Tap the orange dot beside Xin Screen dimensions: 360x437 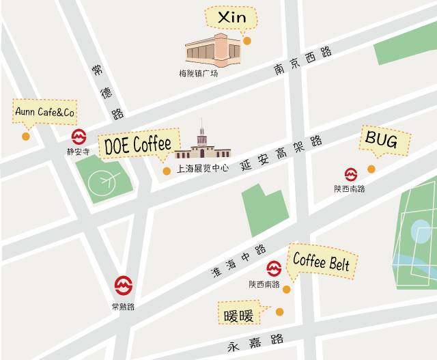tap(247, 41)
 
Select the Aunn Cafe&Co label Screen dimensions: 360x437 tap(44, 111)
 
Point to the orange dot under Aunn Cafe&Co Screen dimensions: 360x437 tap(26, 136)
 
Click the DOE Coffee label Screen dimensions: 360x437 tap(137, 145)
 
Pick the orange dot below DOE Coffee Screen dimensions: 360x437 tap(166, 171)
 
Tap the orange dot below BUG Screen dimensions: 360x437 tap(371, 169)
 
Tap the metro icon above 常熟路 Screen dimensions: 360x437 tap(123, 283)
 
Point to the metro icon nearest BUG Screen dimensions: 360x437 tap(350, 174)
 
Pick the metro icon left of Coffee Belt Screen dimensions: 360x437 tap(274, 268)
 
